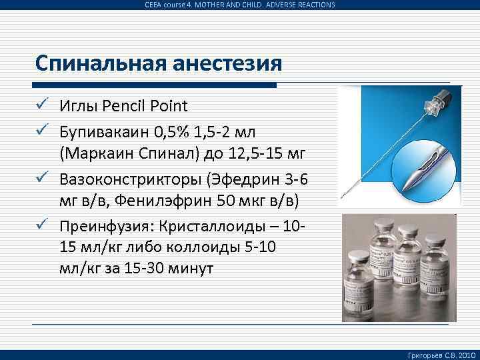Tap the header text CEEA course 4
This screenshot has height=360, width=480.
coord(173,5)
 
